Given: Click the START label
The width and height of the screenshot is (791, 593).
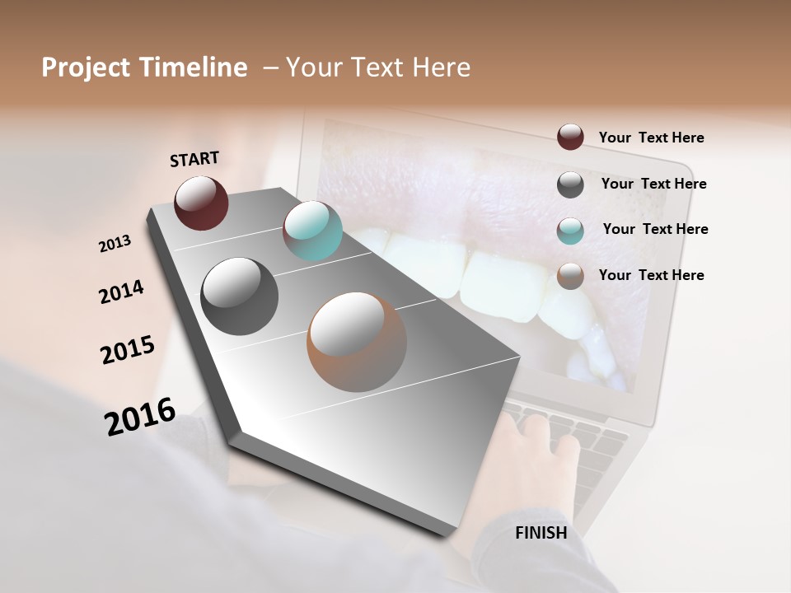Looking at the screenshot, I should click(x=195, y=159).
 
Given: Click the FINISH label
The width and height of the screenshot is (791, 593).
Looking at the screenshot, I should click(x=541, y=533).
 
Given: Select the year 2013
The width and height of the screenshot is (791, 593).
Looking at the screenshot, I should click(x=115, y=244).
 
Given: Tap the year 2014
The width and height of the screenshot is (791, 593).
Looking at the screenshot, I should click(x=121, y=292).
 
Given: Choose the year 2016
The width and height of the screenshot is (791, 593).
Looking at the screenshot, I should click(x=140, y=417).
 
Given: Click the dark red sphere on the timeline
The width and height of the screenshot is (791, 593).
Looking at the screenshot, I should click(x=201, y=203).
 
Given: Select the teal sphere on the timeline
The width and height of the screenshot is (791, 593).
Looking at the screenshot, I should click(x=312, y=231).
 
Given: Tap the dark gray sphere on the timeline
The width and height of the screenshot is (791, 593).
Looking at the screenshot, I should click(x=239, y=296).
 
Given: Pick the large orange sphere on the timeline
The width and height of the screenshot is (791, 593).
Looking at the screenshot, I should click(x=357, y=342).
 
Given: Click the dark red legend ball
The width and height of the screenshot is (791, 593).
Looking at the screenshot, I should click(x=570, y=137).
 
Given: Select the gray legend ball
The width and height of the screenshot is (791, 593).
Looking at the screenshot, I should click(x=570, y=184).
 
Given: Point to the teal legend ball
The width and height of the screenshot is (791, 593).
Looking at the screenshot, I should click(x=570, y=231).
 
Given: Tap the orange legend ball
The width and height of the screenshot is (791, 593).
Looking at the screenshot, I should click(x=570, y=276).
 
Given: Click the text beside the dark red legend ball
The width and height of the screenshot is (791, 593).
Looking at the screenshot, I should click(x=651, y=138).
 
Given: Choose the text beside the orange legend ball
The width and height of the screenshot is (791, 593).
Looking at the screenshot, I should click(x=651, y=275).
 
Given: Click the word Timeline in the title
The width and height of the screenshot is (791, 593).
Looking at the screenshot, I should click(x=195, y=68).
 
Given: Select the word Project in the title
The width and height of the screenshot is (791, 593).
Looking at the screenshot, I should click(x=85, y=68).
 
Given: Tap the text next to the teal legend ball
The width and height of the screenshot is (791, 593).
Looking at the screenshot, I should click(x=655, y=229).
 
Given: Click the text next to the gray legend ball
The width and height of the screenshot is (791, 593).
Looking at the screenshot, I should click(x=653, y=184).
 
